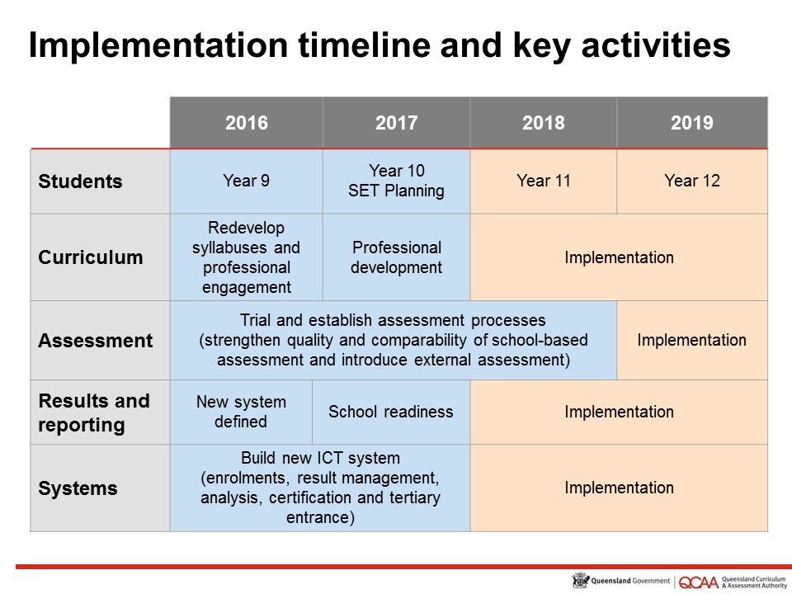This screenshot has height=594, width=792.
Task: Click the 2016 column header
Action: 246,123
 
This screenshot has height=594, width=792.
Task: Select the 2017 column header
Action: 396,123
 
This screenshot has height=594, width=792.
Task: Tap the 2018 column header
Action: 544,123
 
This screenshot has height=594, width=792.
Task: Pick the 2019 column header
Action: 691,123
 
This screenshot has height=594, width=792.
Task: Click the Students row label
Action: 79,181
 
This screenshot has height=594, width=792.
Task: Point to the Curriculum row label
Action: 90,257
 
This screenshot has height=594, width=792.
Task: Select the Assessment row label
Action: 95,341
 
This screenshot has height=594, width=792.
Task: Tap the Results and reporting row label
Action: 94,412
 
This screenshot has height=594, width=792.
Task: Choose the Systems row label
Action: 78,488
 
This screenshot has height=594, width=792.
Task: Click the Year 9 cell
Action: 246,181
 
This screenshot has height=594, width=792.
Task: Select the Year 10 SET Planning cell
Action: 396,181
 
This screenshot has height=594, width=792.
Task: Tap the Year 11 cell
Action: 544,181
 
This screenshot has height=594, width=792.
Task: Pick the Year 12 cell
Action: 691,181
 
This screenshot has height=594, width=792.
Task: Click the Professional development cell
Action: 396,257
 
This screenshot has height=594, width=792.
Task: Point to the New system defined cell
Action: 241,412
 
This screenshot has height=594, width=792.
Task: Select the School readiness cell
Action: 391,412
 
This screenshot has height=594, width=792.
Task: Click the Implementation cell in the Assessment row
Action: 691,341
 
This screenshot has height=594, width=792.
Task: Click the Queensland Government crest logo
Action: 580,581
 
